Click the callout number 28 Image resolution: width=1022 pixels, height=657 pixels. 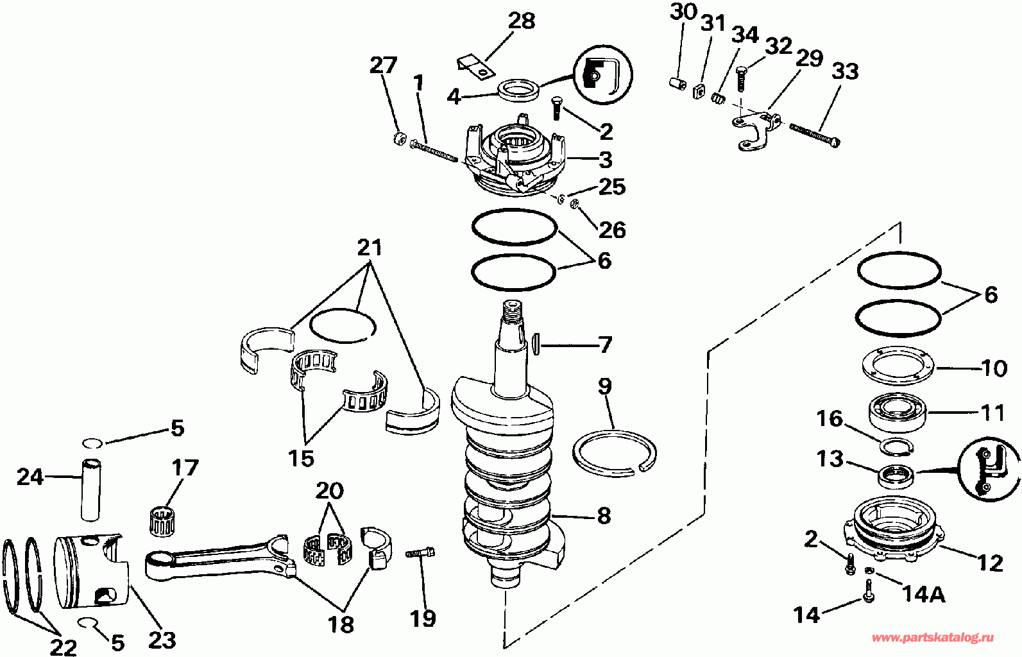522,21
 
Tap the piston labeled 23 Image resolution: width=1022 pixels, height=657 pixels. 90,571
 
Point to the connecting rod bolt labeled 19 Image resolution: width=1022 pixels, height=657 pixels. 421,552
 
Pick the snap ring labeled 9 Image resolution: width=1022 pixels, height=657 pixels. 614,454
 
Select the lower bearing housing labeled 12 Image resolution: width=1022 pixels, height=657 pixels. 892,526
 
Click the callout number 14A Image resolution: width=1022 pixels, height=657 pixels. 924,595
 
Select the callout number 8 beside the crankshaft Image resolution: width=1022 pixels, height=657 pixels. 603,516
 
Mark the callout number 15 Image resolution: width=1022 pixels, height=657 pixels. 300,458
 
